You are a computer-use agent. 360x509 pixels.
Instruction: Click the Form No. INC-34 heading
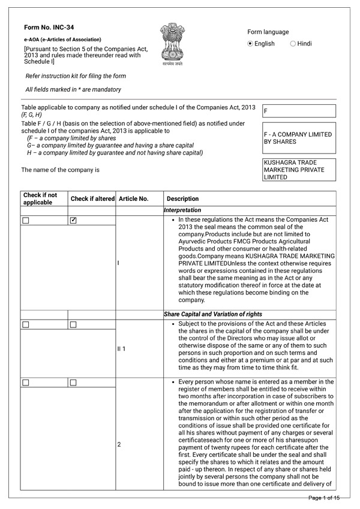[49, 28]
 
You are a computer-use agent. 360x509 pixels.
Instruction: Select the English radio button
[251, 44]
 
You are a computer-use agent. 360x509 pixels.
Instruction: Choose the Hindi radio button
[293, 44]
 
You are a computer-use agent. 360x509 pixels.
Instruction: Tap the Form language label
[268, 32]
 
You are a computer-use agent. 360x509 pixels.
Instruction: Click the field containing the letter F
[299, 111]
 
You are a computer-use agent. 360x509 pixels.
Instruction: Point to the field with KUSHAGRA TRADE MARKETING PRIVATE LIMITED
[299, 170]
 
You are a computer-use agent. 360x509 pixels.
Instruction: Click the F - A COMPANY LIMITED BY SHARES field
[299, 138]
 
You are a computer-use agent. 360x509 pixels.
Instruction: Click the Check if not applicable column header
[40, 198]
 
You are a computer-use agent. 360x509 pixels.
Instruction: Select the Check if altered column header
[92, 198]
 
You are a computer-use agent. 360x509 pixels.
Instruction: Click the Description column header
[182, 198]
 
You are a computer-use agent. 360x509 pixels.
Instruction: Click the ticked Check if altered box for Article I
[73, 221]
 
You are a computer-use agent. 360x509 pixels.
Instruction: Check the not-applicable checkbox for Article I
[26, 221]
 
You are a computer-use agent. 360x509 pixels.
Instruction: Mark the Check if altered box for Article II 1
[73, 324]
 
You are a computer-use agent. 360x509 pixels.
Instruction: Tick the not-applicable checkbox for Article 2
[26, 382]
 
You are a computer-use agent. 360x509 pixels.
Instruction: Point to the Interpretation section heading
[182, 210]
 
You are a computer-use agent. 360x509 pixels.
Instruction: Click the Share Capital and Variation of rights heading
[212, 314]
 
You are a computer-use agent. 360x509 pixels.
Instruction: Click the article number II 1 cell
[122, 348]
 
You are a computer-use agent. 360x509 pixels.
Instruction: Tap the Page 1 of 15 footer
[324, 498]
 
